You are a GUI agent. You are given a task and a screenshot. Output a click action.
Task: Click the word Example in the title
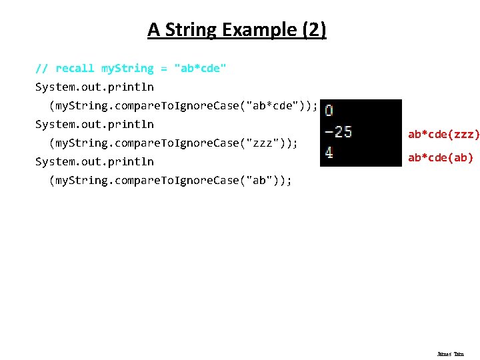pyautogui.click(x=260, y=30)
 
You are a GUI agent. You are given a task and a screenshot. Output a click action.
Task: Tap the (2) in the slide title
pyautogui.click(x=313, y=30)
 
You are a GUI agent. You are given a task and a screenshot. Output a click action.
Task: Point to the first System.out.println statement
pyautogui.click(x=95, y=87)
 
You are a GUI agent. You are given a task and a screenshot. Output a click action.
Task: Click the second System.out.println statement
pyautogui.click(x=95, y=124)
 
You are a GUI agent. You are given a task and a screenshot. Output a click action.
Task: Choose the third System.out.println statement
pyautogui.click(x=95, y=161)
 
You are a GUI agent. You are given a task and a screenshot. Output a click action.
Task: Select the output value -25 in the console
pyautogui.click(x=338, y=132)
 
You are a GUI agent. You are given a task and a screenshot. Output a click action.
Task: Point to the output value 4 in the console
pyautogui.click(x=329, y=153)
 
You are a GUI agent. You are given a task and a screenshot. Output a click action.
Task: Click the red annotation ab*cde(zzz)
pyautogui.click(x=443, y=135)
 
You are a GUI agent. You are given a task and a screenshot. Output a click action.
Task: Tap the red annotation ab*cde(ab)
pyautogui.click(x=441, y=158)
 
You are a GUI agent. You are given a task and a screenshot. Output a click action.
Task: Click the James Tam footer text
pyautogui.click(x=450, y=354)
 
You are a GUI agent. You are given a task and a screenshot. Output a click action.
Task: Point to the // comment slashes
pyautogui.click(x=41, y=68)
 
